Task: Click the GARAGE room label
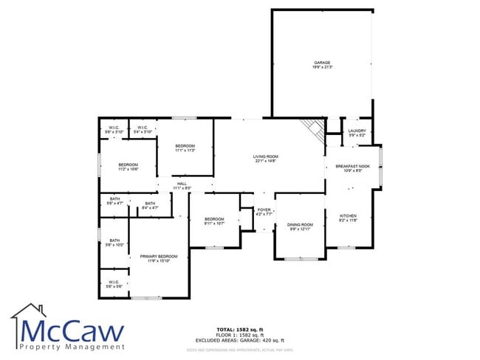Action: [x=322, y=63]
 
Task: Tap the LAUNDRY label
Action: [x=357, y=131]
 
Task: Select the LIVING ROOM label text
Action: [x=266, y=156]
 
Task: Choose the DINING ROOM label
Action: [x=301, y=224]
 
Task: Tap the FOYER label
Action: [x=264, y=210]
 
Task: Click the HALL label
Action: [x=182, y=184]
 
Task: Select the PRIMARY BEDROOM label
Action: [x=159, y=256]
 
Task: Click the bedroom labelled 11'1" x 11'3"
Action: [x=185, y=147]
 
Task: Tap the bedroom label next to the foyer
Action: [x=214, y=219]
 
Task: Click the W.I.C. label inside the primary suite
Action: [x=114, y=281]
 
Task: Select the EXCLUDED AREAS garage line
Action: [x=240, y=339]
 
